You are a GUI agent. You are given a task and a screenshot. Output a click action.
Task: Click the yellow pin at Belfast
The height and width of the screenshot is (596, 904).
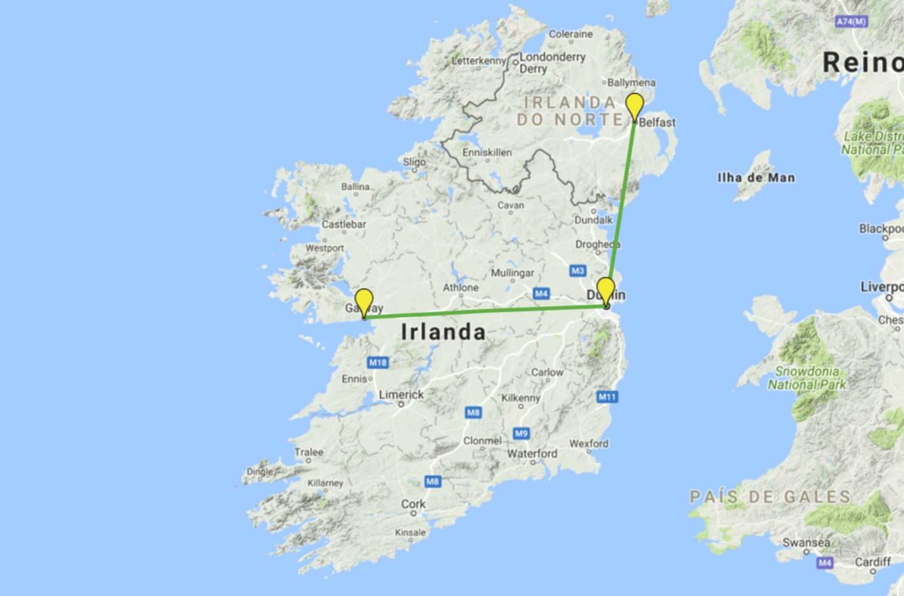pyautogui.click(x=634, y=106)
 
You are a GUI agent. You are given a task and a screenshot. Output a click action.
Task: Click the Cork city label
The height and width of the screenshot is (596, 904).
pyautogui.click(x=413, y=504)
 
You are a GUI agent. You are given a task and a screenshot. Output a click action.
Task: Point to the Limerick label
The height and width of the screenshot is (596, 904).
pyautogui.click(x=401, y=394)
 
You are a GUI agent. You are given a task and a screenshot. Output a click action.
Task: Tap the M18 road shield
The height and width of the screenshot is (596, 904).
pyautogui.click(x=377, y=363)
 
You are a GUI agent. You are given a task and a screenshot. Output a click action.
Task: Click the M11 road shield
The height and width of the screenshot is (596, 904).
pyautogui.click(x=607, y=397)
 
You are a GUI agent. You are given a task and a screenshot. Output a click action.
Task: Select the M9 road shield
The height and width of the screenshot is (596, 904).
pyautogui.click(x=522, y=433)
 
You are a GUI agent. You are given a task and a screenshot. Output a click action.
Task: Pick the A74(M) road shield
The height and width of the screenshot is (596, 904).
pyautogui.click(x=851, y=22)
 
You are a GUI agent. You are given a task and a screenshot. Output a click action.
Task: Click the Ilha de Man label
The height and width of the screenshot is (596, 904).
pyautogui.click(x=756, y=178)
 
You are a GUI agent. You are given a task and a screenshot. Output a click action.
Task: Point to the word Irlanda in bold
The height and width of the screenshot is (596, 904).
pyautogui.click(x=444, y=332)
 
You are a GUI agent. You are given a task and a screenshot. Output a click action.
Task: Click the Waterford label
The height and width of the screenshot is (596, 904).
pyautogui.click(x=532, y=454)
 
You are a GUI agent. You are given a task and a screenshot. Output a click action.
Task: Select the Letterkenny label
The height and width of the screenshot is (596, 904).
pyautogui.click(x=477, y=60)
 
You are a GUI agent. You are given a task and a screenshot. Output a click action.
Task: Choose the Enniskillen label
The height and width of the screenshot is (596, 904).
pyautogui.click(x=487, y=153)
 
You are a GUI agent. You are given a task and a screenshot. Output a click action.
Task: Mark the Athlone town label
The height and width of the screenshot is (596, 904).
pyautogui.click(x=460, y=288)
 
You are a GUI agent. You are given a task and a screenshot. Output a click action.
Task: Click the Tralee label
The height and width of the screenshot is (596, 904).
pyautogui.click(x=308, y=452)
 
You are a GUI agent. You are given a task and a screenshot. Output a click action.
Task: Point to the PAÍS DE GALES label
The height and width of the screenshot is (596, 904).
pyautogui.click(x=770, y=496)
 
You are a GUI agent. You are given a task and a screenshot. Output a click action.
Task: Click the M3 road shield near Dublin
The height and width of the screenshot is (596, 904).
pyautogui.click(x=577, y=271)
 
